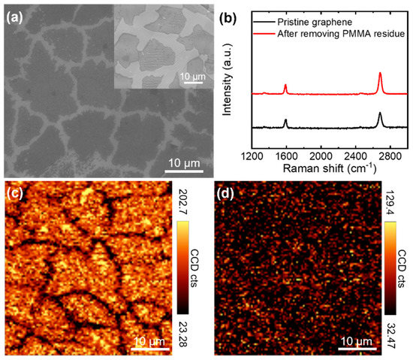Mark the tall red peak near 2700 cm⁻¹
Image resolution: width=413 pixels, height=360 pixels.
tap(380, 74)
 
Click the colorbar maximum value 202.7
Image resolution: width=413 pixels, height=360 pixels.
tap(185, 203)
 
